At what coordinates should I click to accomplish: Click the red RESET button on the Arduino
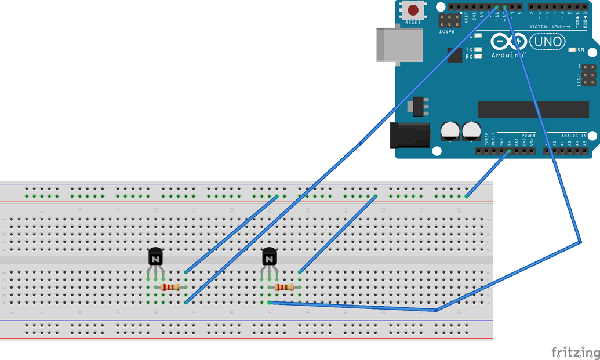413,10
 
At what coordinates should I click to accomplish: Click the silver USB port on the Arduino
399,44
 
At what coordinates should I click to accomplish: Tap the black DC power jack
410,135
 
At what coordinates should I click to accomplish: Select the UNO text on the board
547,42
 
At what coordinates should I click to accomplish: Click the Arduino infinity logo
508,42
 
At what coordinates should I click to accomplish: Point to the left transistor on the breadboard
155,256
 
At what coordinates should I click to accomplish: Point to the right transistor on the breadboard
269,256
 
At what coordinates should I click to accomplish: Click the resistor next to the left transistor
170,287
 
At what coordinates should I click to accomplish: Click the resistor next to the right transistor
284,287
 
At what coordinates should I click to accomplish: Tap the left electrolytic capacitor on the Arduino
450,130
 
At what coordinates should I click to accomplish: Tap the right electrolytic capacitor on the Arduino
471,130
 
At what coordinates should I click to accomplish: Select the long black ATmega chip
533,109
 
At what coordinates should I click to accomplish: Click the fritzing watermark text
575,352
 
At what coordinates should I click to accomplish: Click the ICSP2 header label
447,31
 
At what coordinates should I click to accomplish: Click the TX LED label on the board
469,50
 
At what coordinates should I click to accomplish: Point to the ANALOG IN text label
573,136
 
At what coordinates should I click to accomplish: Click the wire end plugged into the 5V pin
509,151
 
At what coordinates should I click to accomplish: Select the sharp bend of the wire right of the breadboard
580,242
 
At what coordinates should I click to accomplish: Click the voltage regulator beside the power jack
418,106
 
